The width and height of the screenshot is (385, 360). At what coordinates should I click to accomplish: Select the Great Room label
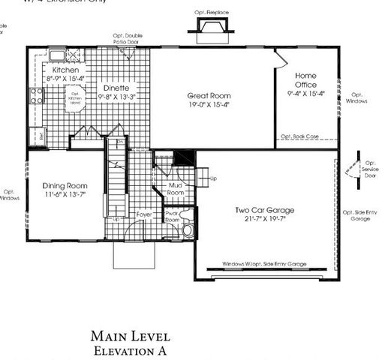coord(209,96)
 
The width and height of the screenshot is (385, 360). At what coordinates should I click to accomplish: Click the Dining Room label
coord(65,185)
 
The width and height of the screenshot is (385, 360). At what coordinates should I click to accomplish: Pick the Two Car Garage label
coord(264,210)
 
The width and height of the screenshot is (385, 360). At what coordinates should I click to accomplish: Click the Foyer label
coord(144,214)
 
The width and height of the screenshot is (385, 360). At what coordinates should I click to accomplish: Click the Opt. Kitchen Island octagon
coord(74,98)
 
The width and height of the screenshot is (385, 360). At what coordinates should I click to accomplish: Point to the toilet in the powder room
coord(188,229)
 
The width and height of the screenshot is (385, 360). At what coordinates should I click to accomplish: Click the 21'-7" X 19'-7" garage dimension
coord(264,219)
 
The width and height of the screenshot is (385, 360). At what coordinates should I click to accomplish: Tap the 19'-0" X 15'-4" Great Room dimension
coord(209,106)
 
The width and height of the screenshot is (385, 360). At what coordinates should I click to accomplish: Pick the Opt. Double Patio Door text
coord(128,38)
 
